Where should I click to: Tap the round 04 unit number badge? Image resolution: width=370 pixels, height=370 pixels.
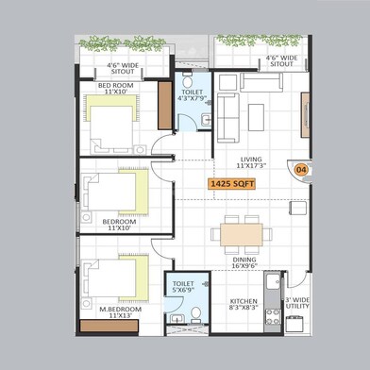pyautogui.click(x=301, y=170)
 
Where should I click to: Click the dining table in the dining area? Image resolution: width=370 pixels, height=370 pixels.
pyautogui.click(x=244, y=232)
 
